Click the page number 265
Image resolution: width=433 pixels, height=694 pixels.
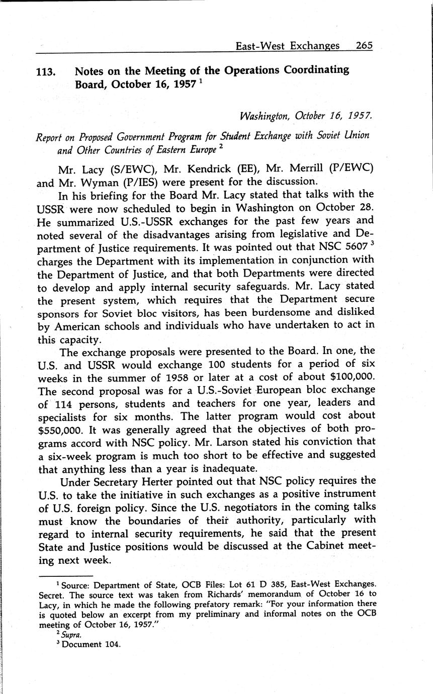[x=364, y=45]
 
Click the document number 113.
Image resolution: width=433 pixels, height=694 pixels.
[x=46, y=72]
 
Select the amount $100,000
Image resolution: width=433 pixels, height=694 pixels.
[x=348, y=377]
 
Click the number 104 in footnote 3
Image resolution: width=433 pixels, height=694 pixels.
[x=111, y=645]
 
